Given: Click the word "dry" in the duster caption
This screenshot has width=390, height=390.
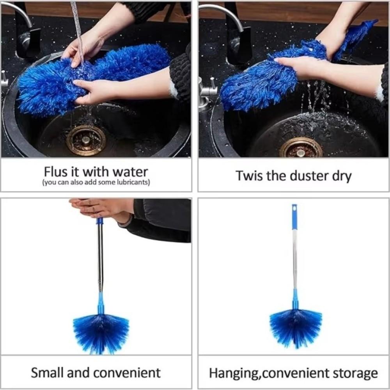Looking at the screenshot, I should (342, 176).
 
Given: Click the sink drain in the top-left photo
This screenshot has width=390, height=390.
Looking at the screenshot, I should (86, 140).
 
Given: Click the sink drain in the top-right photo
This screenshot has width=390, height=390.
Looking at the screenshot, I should (301, 149).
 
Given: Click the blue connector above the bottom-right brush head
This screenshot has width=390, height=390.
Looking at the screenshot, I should (295, 298).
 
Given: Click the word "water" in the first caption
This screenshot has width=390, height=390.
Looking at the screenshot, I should (131, 172).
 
